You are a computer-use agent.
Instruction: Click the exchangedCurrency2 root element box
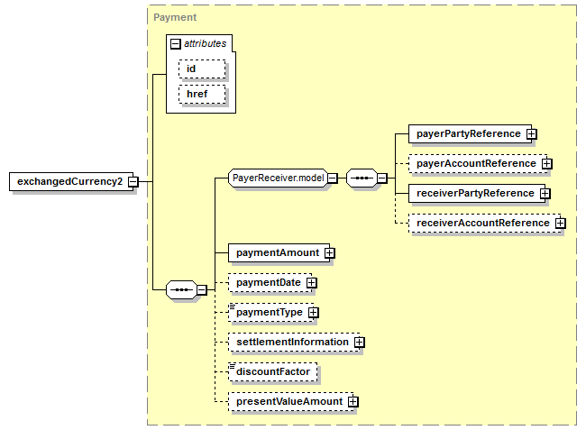[71, 181]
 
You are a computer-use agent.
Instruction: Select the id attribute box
[202, 69]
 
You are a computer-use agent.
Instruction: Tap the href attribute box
[202, 94]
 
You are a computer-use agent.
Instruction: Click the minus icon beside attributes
[175, 44]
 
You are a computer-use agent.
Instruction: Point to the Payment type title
[175, 17]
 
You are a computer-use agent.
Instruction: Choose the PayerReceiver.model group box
[278, 178]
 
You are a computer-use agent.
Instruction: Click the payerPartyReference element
[470, 133]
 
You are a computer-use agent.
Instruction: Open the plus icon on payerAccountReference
[546, 164]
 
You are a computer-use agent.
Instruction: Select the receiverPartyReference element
[477, 193]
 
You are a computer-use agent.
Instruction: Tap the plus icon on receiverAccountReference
[560, 223]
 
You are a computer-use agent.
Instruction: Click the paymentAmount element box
[279, 253]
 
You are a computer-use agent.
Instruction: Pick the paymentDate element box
[270, 282]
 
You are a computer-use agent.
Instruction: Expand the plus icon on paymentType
[314, 312]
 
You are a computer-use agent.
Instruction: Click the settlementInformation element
[294, 343]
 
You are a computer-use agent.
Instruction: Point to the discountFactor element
[273, 371]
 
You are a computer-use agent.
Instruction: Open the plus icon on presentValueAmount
[353, 402]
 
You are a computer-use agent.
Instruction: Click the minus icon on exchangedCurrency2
[133, 182]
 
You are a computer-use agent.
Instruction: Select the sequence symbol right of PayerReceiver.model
[362, 178]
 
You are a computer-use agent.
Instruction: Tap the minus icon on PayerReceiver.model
[333, 178]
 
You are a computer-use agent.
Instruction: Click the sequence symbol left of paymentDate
[181, 289]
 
